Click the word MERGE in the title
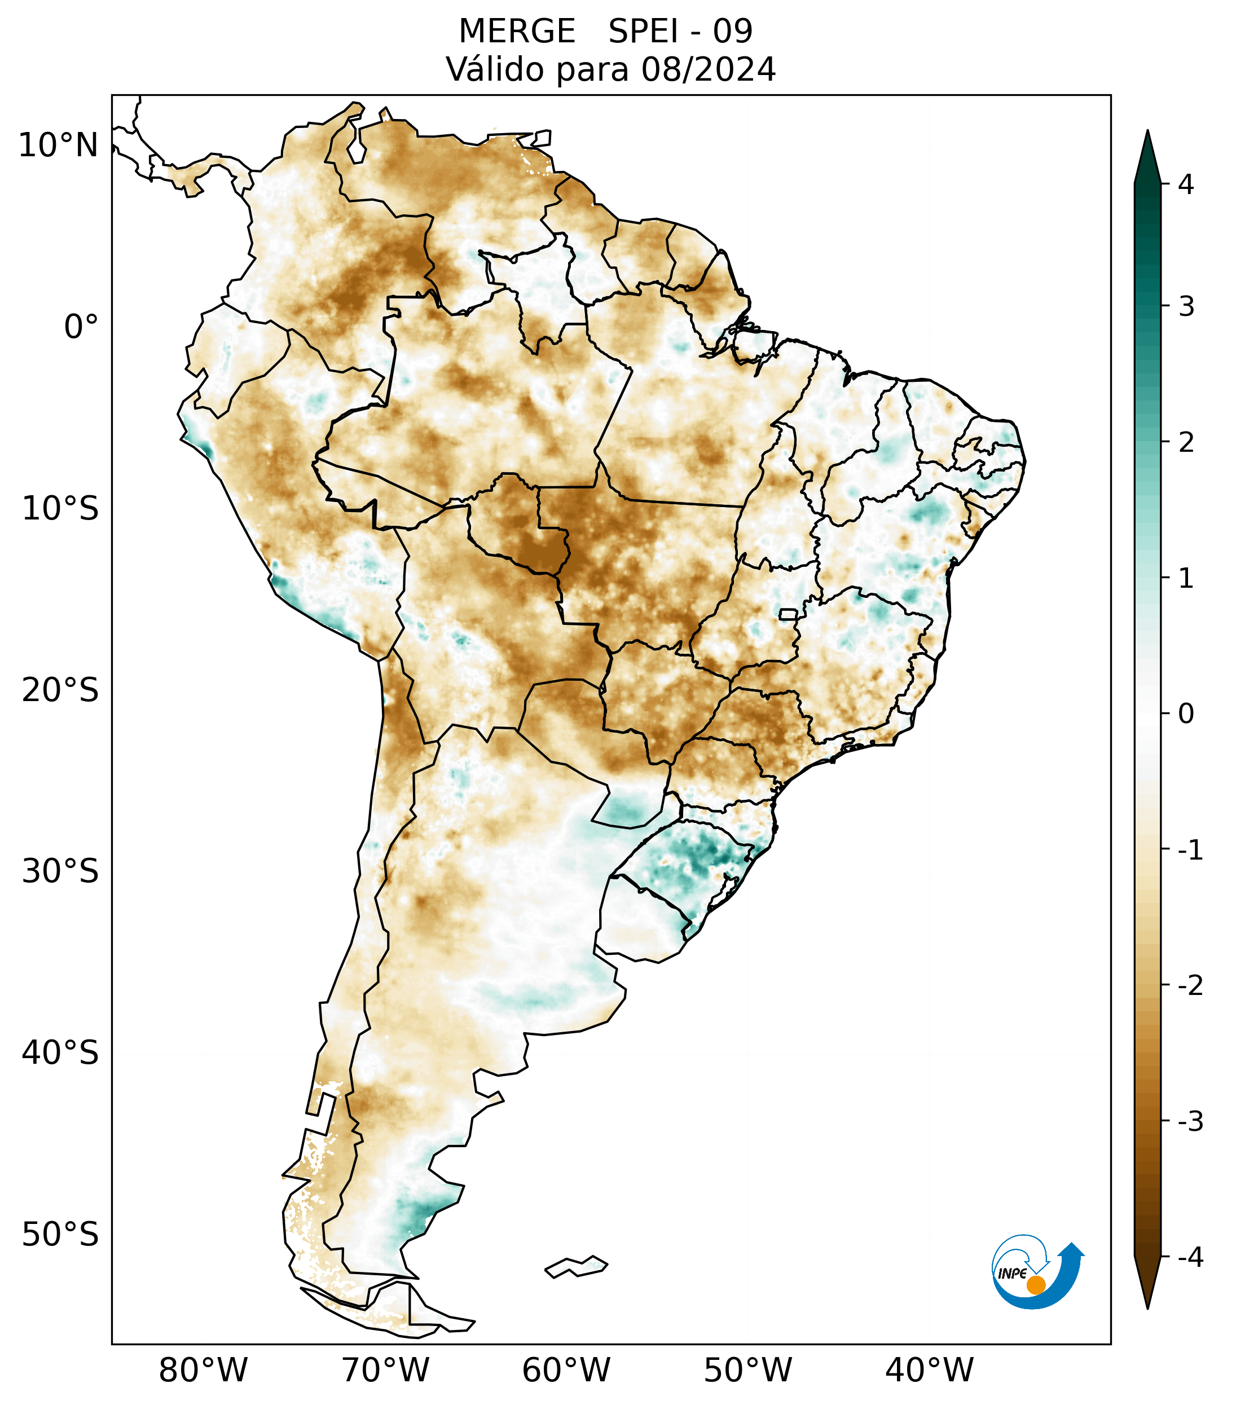tap(516, 32)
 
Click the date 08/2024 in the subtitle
tap(708, 69)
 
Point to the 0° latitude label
tap(81, 327)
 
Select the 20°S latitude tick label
tap(60, 690)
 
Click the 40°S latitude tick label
tap(60, 1052)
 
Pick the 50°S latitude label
tap(60, 1235)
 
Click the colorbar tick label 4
tap(1186, 184)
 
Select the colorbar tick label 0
tap(1186, 714)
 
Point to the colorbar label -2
tap(1190, 986)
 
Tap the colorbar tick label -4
tap(1190, 1257)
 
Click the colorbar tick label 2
tap(1186, 443)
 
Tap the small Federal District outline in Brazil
tap(789, 614)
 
